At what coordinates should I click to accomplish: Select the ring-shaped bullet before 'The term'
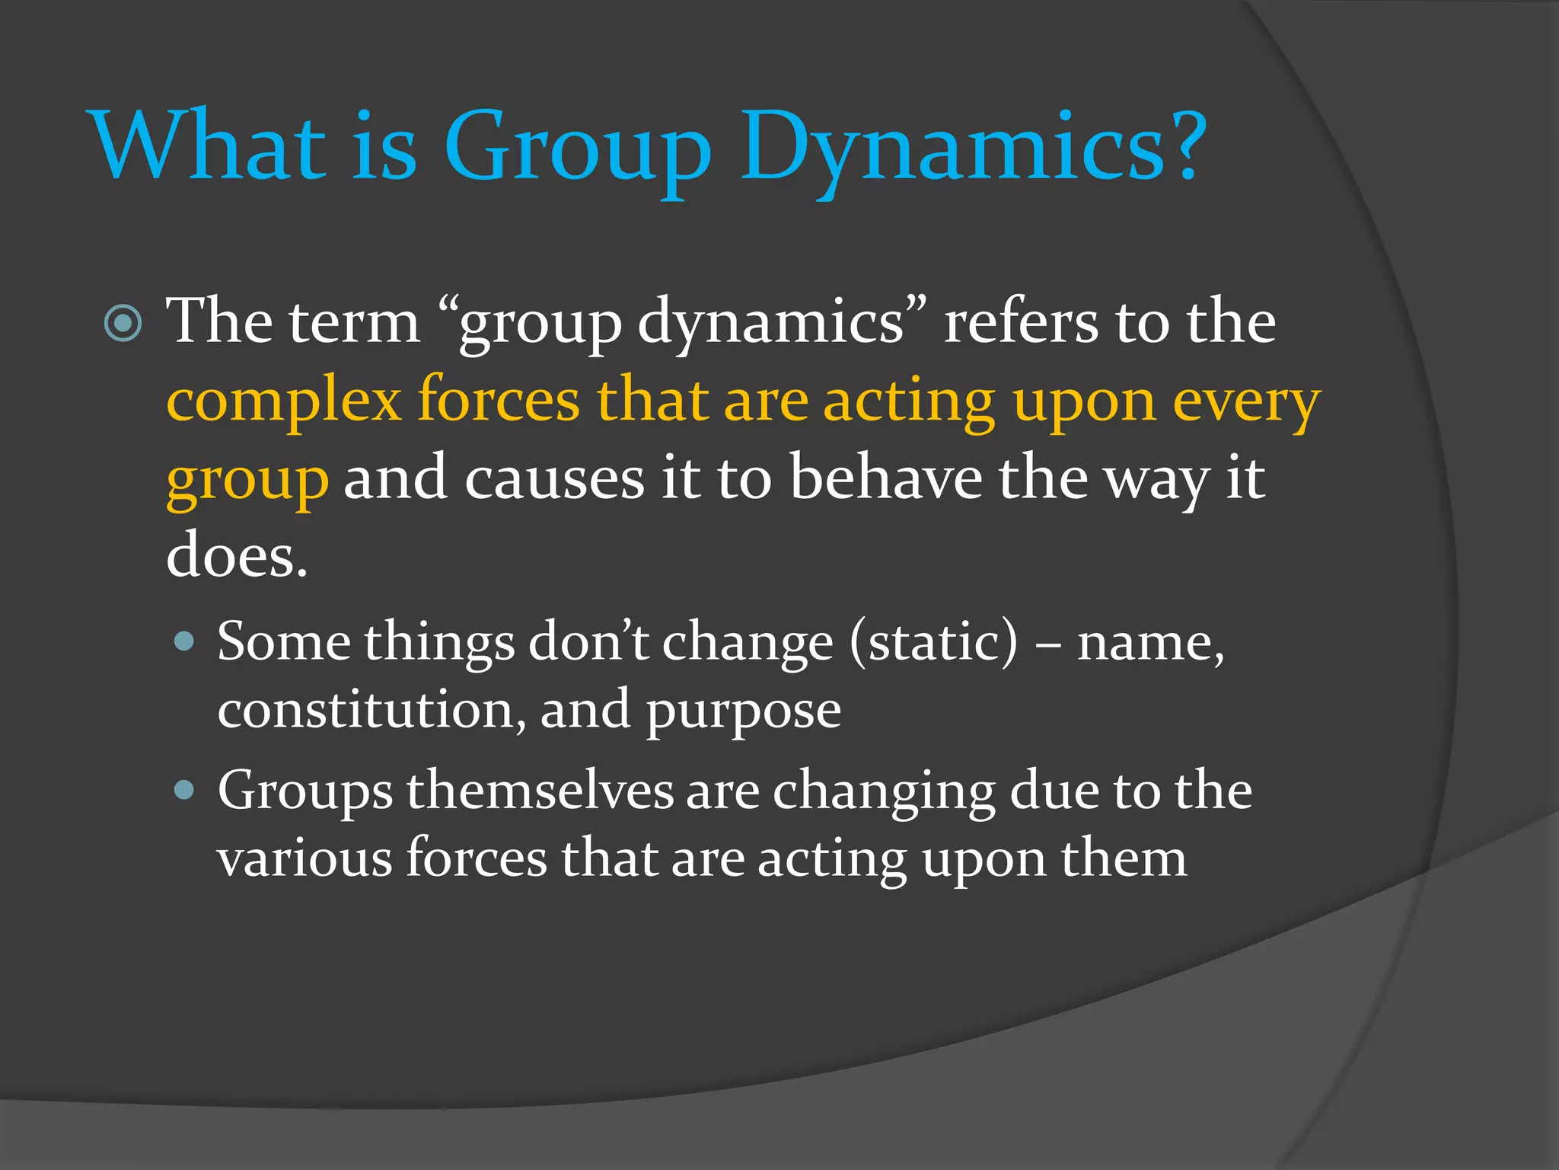pyautogui.click(x=123, y=324)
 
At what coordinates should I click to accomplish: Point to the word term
pyautogui.click(x=355, y=322)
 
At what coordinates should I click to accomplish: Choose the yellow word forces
pyautogui.click(x=499, y=401)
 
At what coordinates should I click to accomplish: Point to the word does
pyautogui.click(x=236, y=556)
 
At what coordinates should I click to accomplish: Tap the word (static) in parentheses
pyautogui.click(x=933, y=642)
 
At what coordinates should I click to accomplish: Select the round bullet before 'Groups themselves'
pyautogui.click(x=184, y=789)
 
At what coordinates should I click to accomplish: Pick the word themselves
pyautogui.click(x=540, y=791)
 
